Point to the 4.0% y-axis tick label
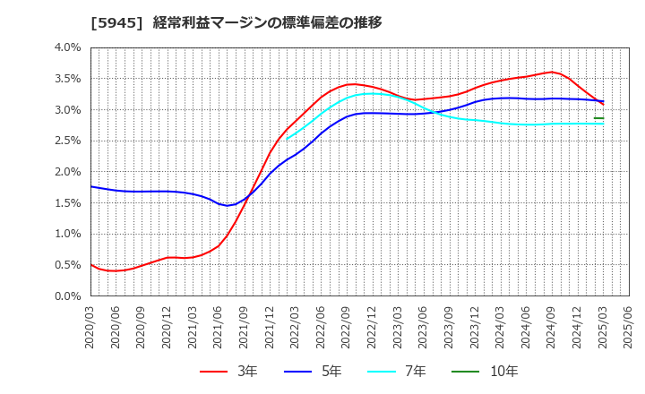tap(67, 47)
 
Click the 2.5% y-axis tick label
tap(67, 141)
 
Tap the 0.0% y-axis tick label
tap(67, 295)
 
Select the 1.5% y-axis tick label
tap(67, 202)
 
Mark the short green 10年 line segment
tap(598, 118)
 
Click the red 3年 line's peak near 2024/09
tap(552, 72)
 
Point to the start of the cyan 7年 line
tap(287, 139)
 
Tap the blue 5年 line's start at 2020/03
tap(91, 186)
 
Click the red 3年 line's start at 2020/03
tap(91, 264)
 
